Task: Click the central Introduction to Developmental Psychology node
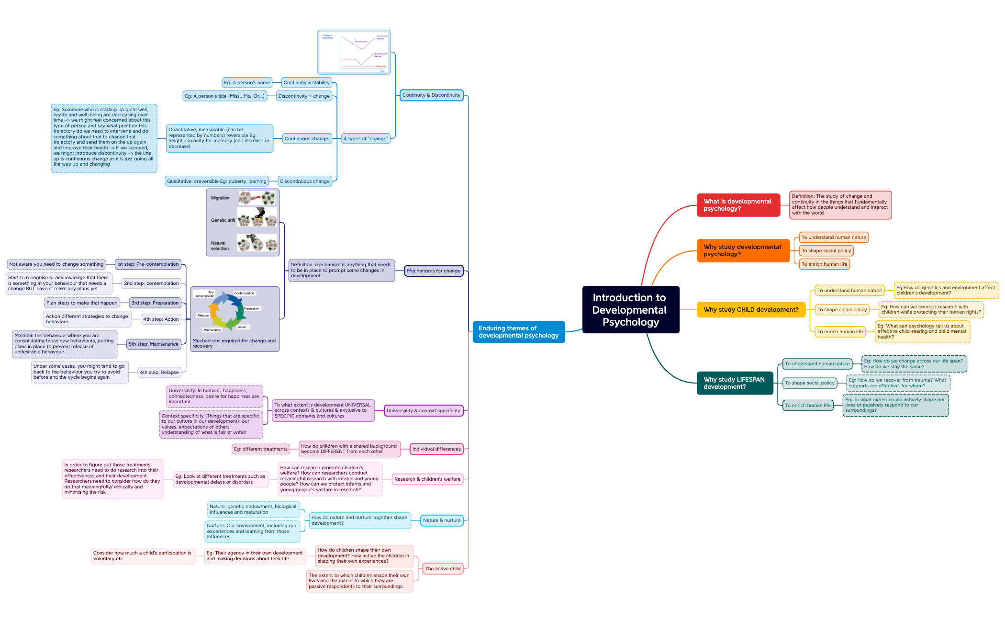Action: click(x=630, y=309)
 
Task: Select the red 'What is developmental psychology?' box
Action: click(x=738, y=205)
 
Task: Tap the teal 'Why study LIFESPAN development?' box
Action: click(x=734, y=383)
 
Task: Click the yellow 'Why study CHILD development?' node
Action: click(x=750, y=310)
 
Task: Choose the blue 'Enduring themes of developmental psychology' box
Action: click(x=518, y=332)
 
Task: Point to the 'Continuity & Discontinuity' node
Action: click(x=431, y=95)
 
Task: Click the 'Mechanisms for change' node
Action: click(x=433, y=271)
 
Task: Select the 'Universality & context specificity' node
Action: click(x=423, y=411)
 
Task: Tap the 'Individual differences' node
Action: click(x=436, y=449)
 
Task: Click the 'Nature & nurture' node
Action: click(x=441, y=520)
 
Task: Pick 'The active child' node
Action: click(x=443, y=569)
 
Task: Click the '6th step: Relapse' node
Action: click(x=159, y=373)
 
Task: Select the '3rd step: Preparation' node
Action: click(x=155, y=303)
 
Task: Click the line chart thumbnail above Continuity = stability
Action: click(x=354, y=52)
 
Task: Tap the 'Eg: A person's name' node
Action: click(x=246, y=83)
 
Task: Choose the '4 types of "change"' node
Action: click(x=365, y=139)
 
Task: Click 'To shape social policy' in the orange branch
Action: click(x=826, y=251)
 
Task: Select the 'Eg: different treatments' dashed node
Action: click(x=260, y=449)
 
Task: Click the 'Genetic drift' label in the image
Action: click(x=223, y=220)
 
